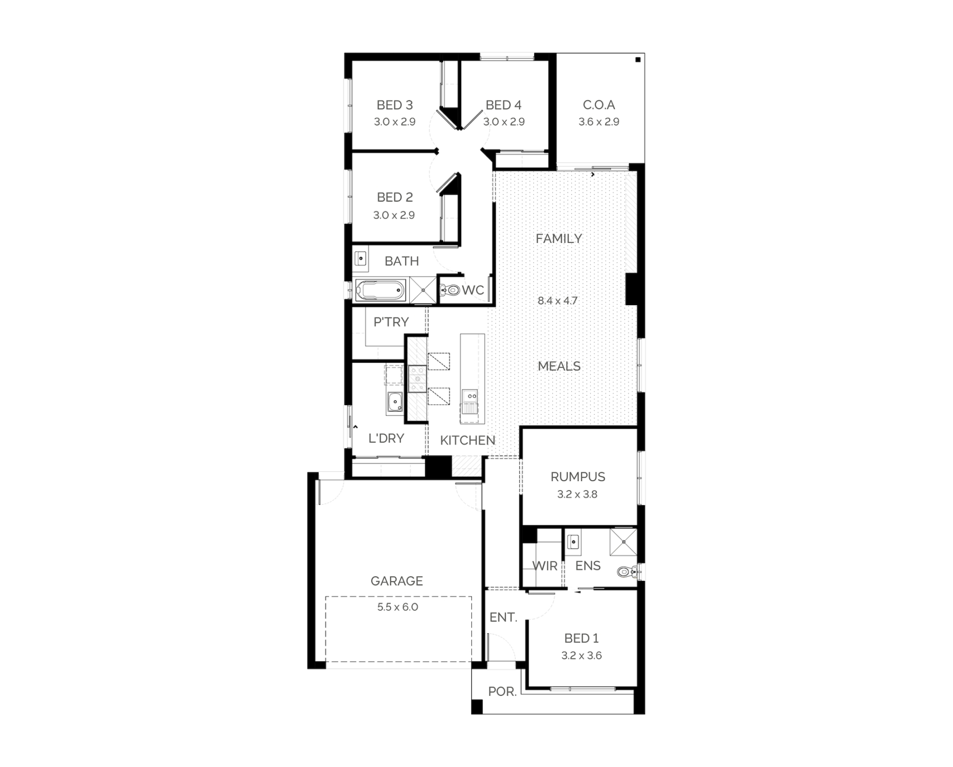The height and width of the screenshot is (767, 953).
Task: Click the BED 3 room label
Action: tap(394, 105)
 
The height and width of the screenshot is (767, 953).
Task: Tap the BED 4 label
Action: tap(504, 105)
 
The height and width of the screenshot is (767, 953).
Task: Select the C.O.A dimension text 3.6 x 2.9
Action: tap(599, 122)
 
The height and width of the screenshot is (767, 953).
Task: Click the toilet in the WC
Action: tap(450, 290)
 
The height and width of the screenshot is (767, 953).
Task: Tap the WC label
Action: tap(473, 290)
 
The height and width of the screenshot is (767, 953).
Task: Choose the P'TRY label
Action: tap(391, 322)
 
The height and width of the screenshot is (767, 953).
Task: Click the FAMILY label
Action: tap(559, 239)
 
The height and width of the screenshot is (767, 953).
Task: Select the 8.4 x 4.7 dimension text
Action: tap(558, 300)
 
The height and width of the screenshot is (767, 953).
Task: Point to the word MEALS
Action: tap(559, 366)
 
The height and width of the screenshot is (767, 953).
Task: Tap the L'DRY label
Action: tap(386, 438)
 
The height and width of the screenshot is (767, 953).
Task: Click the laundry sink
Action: tap(394, 403)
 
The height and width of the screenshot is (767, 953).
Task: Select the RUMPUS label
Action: tap(578, 477)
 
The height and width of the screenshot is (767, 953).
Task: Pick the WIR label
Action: tap(545, 565)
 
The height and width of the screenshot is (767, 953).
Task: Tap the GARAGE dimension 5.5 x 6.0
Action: tap(398, 607)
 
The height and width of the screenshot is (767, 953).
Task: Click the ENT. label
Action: tap(503, 617)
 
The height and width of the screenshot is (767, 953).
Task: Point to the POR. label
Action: tap(502, 691)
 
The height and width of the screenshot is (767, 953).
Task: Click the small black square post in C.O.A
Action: tap(638, 60)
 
